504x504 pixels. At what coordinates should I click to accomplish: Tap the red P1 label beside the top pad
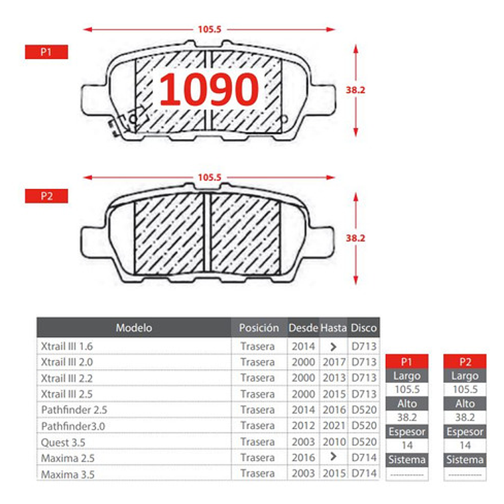pyautogui.click(x=46, y=52)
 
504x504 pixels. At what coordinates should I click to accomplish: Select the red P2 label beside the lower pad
pyautogui.click(x=46, y=196)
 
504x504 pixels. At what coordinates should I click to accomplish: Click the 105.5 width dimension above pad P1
pyautogui.click(x=209, y=29)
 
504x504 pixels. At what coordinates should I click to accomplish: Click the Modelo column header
pyautogui.click(x=134, y=328)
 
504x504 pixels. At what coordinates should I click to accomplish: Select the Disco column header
pyautogui.click(x=363, y=328)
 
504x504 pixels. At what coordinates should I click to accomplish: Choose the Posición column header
pyautogui.click(x=259, y=328)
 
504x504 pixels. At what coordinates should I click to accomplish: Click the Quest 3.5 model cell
pyautogui.click(x=63, y=442)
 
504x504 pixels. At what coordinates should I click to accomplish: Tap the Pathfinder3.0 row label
pyautogui.click(x=73, y=426)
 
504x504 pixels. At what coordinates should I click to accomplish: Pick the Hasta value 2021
pyautogui.click(x=334, y=426)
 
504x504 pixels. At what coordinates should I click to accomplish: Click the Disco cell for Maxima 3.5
pyautogui.click(x=363, y=473)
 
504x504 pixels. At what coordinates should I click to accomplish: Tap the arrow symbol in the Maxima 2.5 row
pyautogui.click(x=334, y=457)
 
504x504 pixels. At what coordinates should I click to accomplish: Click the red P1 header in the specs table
pyautogui.click(x=407, y=361)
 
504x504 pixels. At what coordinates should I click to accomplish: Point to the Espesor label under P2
pyautogui.click(x=465, y=432)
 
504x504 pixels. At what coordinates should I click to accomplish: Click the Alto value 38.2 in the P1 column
pyautogui.click(x=407, y=417)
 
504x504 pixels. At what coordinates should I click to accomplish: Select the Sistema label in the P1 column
pyautogui.click(x=407, y=460)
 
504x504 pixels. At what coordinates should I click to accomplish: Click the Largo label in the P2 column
pyautogui.click(x=465, y=375)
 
